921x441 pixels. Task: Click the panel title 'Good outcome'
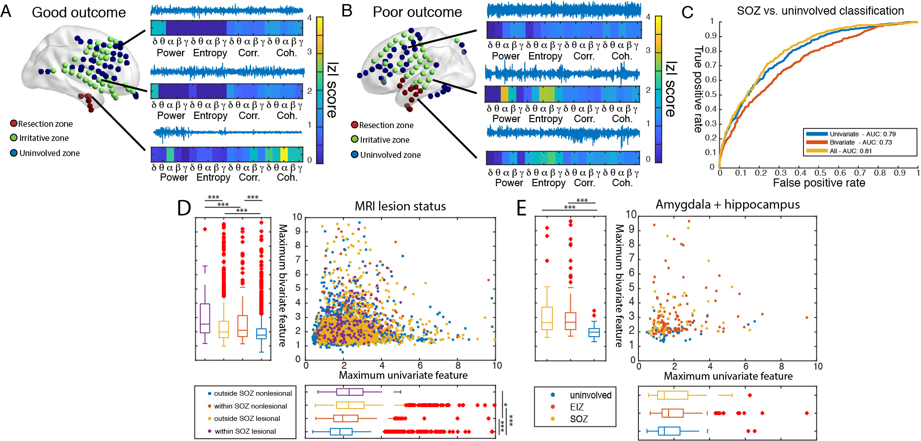pyautogui.click(x=79, y=12)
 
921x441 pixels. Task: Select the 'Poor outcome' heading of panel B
pyautogui.click(x=417, y=12)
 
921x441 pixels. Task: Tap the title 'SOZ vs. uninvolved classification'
pyautogui.click(x=820, y=11)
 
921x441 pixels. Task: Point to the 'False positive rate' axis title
pyautogui.click(x=819, y=183)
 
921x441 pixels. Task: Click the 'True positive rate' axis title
pyautogui.click(x=698, y=89)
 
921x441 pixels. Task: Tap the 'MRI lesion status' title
pyautogui.click(x=400, y=206)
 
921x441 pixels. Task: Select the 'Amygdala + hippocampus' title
pyautogui.click(x=728, y=204)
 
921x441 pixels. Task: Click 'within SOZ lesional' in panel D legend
pyautogui.click(x=245, y=431)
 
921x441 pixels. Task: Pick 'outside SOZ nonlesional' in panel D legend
pyautogui.click(x=252, y=393)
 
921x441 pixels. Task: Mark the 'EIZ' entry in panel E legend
pyautogui.click(x=577, y=407)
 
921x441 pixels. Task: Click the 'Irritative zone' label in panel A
pyautogui.click(x=44, y=138)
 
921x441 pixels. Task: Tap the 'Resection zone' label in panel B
pyautogui.click(x=386, y=125)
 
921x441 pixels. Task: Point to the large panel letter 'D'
pyautogui.click(x=184, y=208)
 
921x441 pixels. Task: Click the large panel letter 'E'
pyautogui.click(x=521, y=208)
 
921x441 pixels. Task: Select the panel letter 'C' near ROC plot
pyautogui.click(x=687, y=13)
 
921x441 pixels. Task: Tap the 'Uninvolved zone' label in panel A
pyautogui.click(x=49, y=153)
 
